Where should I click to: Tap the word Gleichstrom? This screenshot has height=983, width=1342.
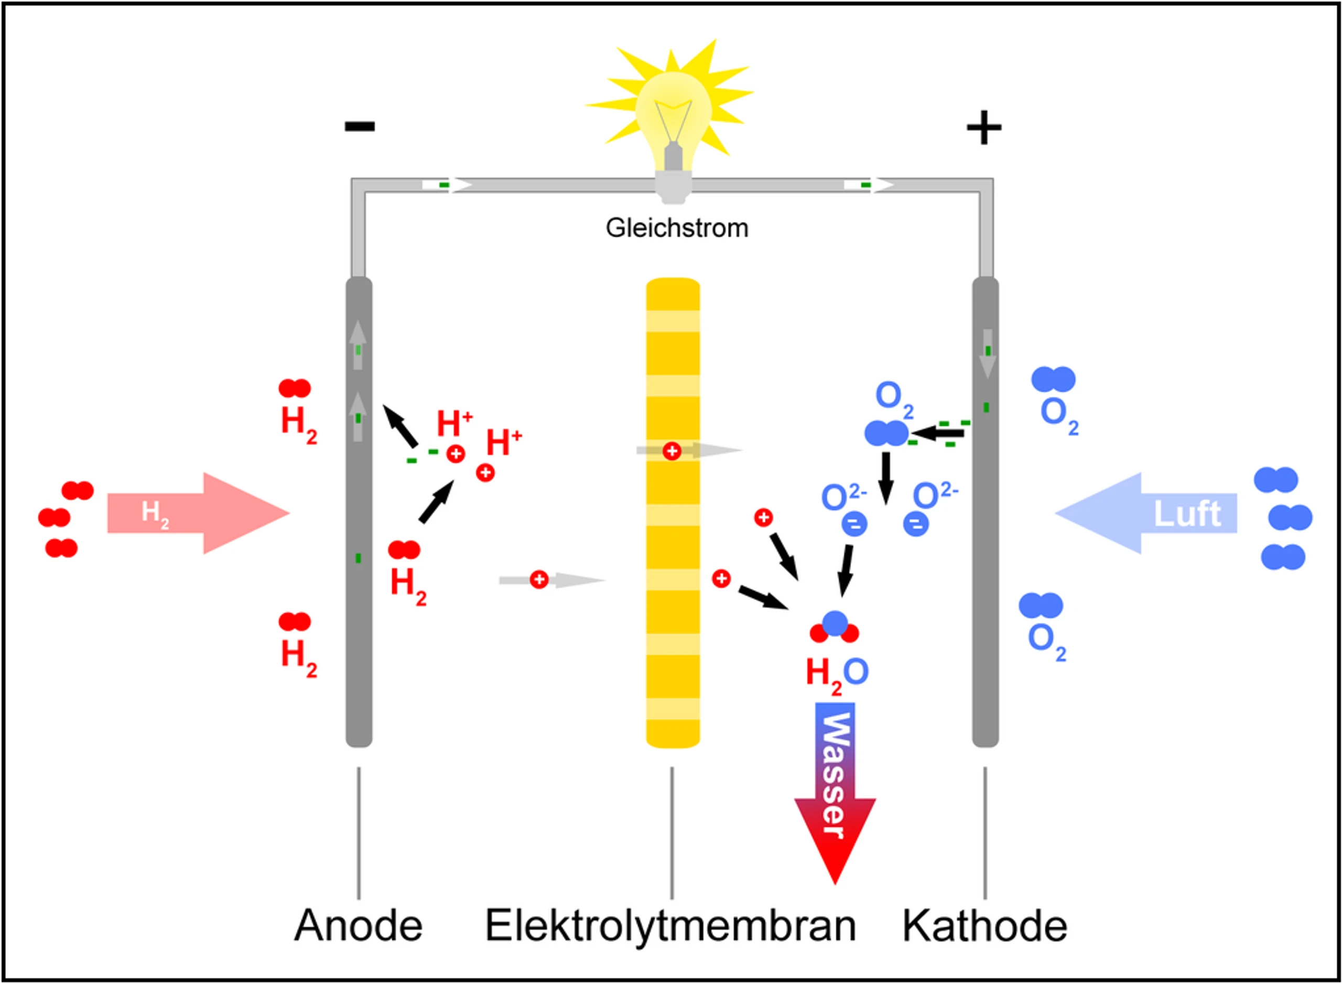(x=677, y=229)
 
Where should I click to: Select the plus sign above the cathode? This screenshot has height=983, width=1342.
(x=984, y=127)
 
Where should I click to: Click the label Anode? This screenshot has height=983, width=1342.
(x=358, y=926)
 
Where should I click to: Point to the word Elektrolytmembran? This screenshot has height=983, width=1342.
(x=670, y=927)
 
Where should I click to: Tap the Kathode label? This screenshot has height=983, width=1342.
(x=985, y=926)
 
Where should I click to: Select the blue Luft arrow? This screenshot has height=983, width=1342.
(x=1146, y=513)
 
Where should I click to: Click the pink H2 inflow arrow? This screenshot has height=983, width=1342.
(x=198, y=513)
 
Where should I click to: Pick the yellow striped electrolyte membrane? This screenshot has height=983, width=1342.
(x=673, y=512)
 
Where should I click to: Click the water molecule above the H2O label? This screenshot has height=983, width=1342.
(x=835, y=627)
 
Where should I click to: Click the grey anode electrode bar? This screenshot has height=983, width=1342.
(x=359, y=512)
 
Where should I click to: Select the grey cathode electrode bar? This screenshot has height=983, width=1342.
(x=985, y=512)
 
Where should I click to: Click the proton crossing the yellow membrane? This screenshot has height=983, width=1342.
(x=672, y=451)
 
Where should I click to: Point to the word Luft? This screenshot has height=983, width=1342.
(x=1187, y=513)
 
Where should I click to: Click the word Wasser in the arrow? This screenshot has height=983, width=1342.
(x=835, y=776)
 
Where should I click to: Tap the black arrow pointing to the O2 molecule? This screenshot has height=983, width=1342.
(x=936, y=433)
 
